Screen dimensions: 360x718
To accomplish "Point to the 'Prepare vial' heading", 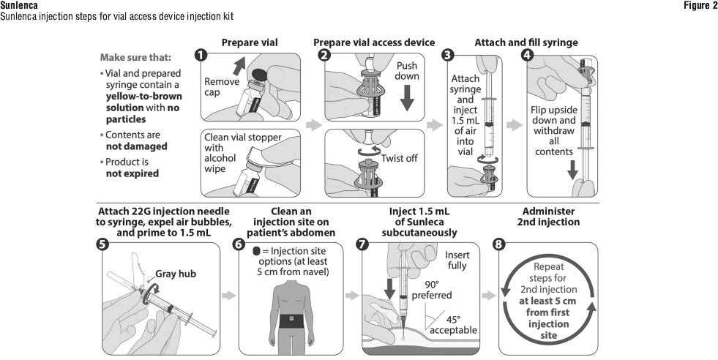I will point(250,41).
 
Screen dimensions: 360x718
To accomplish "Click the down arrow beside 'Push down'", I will point(407,97).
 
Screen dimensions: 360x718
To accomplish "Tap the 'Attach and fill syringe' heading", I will point(526,41).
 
